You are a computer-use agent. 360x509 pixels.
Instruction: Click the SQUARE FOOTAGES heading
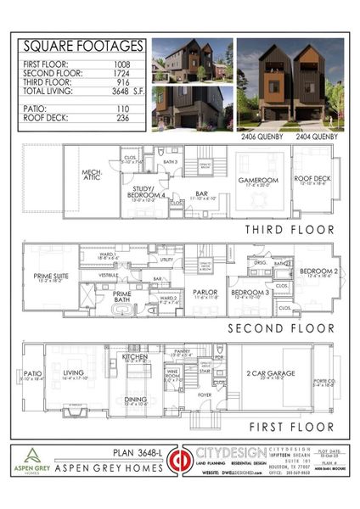pyautogui.click(x=82, y=47)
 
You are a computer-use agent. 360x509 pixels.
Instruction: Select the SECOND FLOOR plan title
pyautogui.click(x=277, y=326)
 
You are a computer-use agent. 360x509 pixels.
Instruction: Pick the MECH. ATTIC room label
pyautogui.click(x=92, y=176)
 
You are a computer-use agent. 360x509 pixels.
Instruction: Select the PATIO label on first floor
pyautogui.click(x=31, y=373)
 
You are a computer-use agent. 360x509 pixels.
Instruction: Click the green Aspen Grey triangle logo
pyautogui.click(x=34, y=456)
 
